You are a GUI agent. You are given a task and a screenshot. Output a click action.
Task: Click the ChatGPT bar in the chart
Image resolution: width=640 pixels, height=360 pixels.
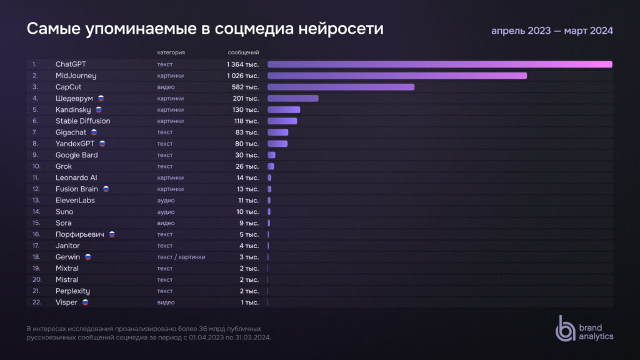[x=439, y=64]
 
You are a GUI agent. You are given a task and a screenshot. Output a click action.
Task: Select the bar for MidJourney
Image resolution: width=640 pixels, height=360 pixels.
[x=397, y=76]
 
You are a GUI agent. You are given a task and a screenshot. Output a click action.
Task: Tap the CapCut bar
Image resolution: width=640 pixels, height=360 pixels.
[x=341, y=87]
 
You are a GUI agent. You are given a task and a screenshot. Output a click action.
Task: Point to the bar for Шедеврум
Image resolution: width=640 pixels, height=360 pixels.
[x=292, y=98]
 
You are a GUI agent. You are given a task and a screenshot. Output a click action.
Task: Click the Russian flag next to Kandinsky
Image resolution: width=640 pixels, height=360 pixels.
[x=99, y=109]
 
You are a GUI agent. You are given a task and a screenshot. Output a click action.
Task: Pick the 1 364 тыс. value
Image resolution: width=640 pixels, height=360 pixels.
[x=242, y=64]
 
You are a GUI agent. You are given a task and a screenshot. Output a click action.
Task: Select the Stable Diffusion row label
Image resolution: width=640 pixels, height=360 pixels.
[x=82, y=121]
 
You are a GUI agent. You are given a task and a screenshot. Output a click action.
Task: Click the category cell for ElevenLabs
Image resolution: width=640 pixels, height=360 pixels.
[x=166, y=201]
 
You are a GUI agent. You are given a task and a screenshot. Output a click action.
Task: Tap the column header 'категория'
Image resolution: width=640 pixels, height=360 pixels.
[x=171, y=52]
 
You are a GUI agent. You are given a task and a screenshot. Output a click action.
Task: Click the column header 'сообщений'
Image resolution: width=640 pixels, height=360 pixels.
[x=243, y=52]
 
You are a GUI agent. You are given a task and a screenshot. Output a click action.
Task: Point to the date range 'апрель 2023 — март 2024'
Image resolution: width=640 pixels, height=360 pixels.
[x=552, y=31]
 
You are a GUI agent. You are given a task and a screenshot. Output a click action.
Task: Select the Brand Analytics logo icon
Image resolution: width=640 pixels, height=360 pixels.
[x=565, y=328]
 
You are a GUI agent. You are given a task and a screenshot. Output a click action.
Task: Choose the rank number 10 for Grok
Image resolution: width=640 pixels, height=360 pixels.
[x=37, y=166]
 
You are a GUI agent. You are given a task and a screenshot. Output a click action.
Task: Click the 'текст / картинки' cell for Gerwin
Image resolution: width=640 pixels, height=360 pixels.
[x=181, y=257]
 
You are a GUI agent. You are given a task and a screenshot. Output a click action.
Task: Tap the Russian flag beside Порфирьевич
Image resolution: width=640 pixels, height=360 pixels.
[x=112, y=234]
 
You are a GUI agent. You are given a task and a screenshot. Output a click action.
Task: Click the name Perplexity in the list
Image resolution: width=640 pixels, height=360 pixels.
[x=72, y=291]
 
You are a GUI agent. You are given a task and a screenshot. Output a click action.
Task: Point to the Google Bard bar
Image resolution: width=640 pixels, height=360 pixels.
[x=271, y=155]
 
